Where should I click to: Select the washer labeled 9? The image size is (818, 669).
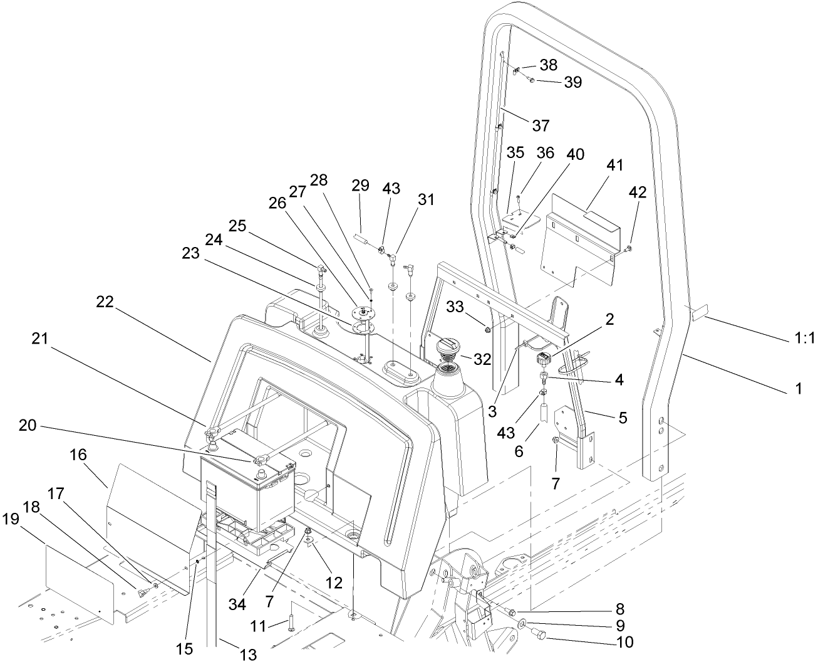pyautogui.click(x=522, y=624)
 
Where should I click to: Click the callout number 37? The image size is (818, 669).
pyautogui.click(x=541, y=125)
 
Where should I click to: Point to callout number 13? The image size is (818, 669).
pyautogui.click(x=249, y=655)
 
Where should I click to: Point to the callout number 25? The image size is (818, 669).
pyautogui.click(x=238, y=224)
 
